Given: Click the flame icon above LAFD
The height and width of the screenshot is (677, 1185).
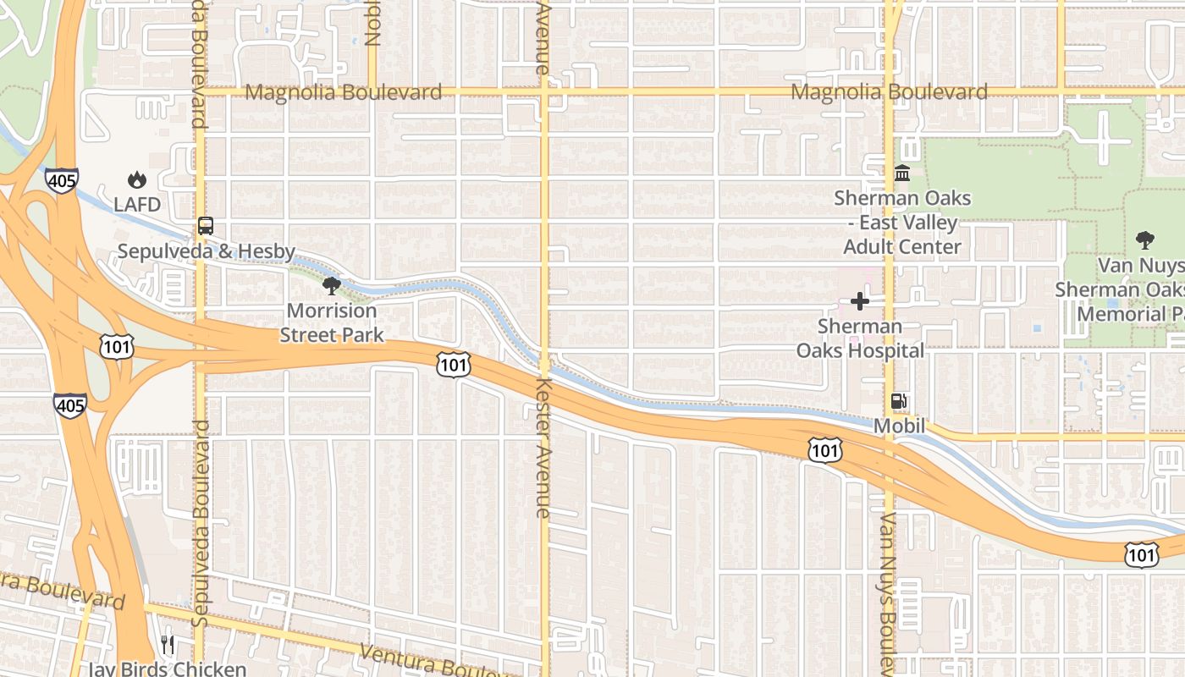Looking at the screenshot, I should [137, 179].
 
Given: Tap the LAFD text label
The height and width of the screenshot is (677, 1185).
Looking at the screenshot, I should [137, 204].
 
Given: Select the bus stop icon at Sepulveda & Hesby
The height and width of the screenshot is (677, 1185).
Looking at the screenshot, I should [206, 226].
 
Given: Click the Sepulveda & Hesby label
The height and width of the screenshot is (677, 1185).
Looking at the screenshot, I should [206, 251].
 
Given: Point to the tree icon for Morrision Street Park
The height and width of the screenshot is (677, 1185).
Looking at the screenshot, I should [332, 285].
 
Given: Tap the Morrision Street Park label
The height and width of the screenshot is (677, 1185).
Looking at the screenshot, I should [332, 322].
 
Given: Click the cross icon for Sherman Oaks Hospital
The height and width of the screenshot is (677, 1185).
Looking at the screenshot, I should [860, 301].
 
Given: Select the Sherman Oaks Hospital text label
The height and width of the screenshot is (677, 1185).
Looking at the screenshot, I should [860, 338].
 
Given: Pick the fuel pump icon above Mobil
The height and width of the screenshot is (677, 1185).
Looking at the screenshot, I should [899, 401].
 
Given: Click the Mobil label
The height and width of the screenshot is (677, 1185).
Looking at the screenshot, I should [899, 426].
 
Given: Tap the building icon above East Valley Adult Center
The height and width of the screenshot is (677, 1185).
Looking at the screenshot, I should [902, 173].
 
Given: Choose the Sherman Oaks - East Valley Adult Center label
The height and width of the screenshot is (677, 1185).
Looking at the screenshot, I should [902, 223].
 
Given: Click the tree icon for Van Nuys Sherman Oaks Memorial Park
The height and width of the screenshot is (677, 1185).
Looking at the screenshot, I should [1145, 239].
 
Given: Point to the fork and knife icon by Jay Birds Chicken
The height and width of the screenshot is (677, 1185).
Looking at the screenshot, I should [168, 646].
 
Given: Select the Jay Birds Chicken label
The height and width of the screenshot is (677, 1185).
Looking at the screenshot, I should [168, 669].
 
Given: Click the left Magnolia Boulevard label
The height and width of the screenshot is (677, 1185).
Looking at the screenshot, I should [343, 92].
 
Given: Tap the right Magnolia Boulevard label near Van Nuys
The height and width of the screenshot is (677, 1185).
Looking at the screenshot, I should [889, 92].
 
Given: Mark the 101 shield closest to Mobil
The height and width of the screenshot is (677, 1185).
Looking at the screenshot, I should [824, 450].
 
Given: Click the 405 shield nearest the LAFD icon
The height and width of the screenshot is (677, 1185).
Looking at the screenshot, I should [63, 180].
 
